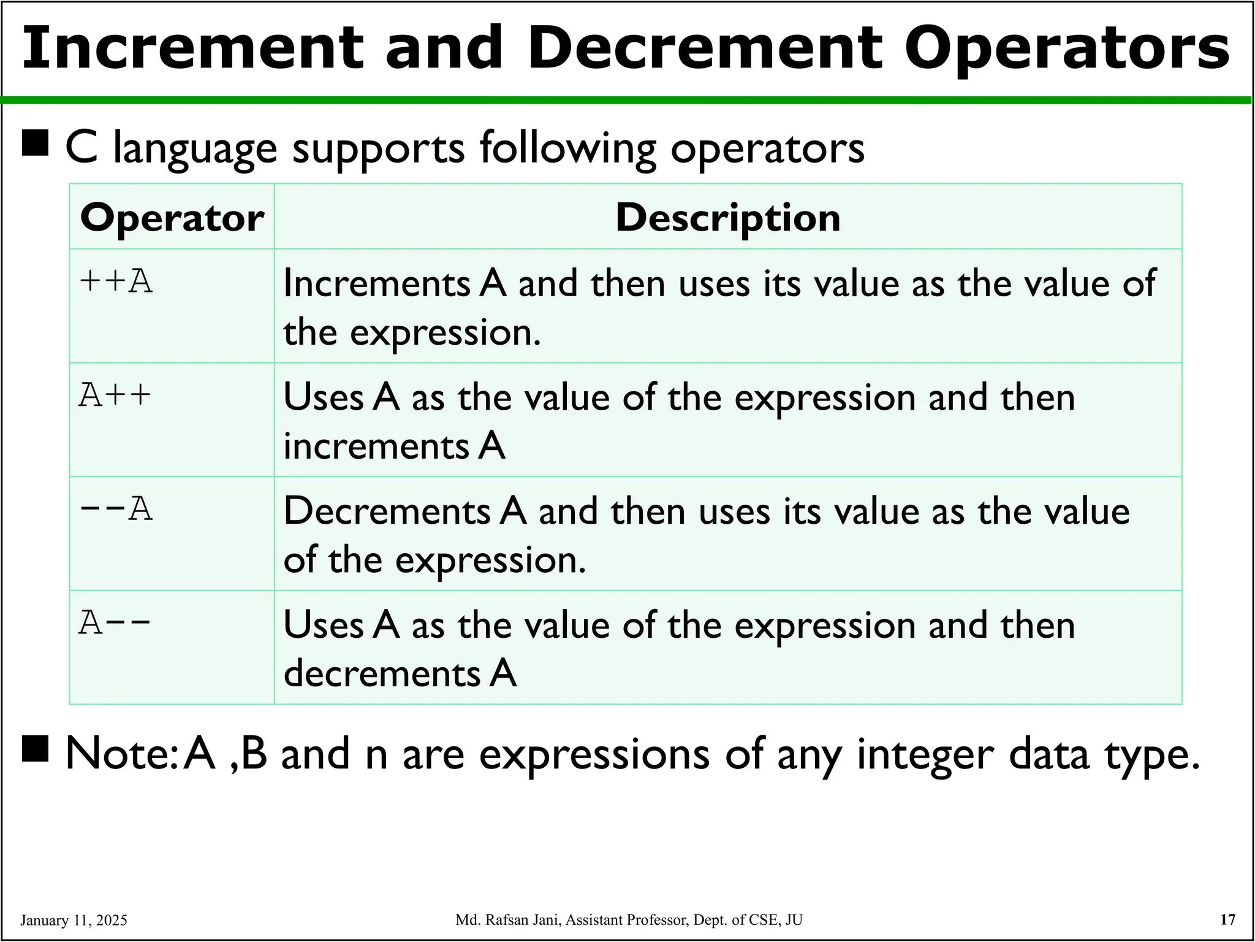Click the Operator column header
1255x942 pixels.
click(x=172, y=218)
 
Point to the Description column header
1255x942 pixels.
click(x=727, y=218)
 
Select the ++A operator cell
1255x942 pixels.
click(x=116, y=283)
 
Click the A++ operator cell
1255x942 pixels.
click(x=115, y=396)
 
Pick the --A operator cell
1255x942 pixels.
click(x=116, y=510)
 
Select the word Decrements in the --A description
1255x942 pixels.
click(x=386, y=511)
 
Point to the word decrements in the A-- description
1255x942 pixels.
click(x=381, y=673)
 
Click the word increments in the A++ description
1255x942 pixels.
click(x=375, y=446)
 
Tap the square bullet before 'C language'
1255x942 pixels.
click(x=35, y=145)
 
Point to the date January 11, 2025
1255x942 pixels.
click(x=74, y=920)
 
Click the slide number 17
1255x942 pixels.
click(x=1228, y=919)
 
